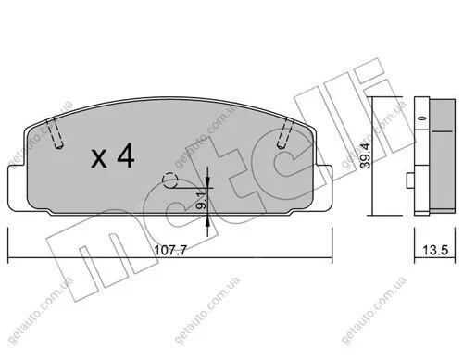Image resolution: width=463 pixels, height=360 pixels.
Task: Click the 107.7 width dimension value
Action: (x=170, y=250)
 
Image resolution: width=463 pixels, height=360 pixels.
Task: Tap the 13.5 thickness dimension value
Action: (x=435, y=250)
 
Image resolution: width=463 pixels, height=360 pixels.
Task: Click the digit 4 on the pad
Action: (x=126, y=156)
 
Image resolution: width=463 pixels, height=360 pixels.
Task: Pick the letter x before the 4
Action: (x=99, y=159)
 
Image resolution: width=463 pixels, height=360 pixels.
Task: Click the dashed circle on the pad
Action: (x=170, y=180)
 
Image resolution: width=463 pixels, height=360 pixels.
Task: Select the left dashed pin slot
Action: (x=56, y=133)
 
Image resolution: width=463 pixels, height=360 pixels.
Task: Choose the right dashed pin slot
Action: (x=285, y=133)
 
